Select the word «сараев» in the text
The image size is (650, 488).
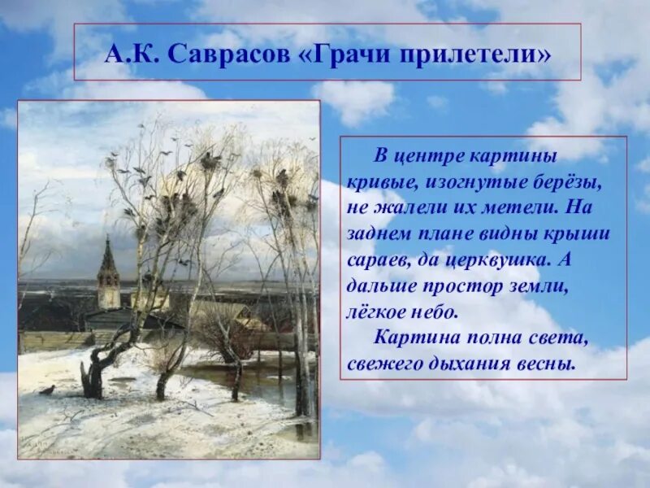(375, 260)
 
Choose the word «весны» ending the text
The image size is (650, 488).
(548, 364)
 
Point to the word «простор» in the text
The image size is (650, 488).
(471, 286)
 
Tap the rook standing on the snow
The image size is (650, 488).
(51, 390)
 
